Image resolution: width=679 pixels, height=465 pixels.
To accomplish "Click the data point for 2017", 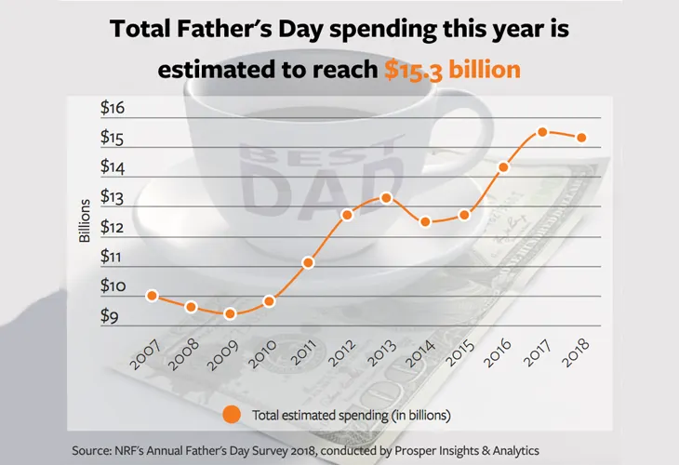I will [x=542, y=132].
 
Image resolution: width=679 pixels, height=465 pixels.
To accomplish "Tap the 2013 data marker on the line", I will [x=387, y=197].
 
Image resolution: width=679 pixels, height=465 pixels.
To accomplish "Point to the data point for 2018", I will [x=582, y=138].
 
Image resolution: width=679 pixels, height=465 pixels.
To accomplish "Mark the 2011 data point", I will [x=308, y=262].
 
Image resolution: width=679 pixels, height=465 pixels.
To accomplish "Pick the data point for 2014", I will [x=425, y=221].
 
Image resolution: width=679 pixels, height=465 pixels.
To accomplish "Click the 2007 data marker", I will [x=152, y=296].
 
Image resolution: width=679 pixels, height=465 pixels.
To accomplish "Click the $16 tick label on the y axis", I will [x=113, y=109].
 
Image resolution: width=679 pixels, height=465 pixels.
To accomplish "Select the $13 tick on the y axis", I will [x=113, y=198].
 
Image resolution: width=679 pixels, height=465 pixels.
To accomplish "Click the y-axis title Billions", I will [x=84, y=219].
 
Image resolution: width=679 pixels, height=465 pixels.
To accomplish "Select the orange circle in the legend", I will [x=233, y=413].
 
